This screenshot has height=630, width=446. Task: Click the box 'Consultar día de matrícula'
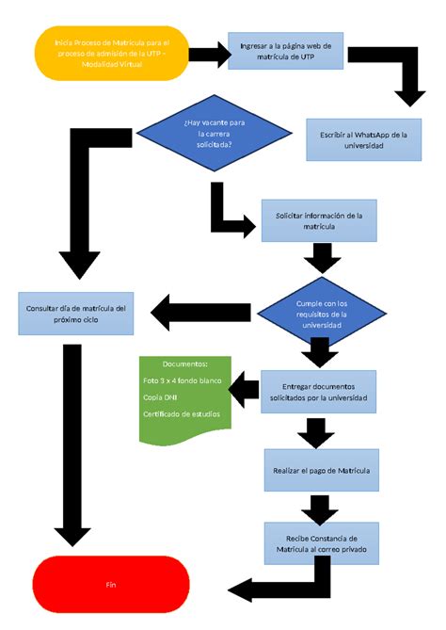(75, 314)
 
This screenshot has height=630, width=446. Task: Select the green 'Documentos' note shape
(184, 399)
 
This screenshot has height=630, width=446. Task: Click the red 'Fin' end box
(111, 585)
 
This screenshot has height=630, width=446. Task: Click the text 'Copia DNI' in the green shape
(161, 396)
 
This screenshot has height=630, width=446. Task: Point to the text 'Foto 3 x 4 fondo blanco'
(182, 380)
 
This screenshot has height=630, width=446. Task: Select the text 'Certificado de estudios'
(182, 413)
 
